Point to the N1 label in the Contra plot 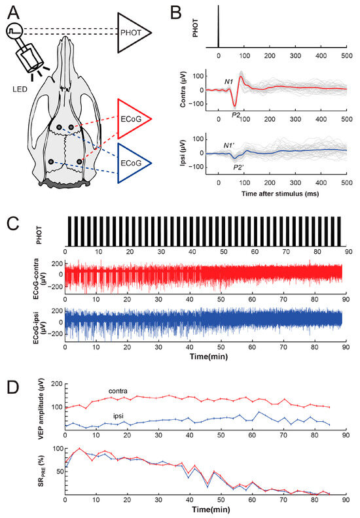pos(229,82)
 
